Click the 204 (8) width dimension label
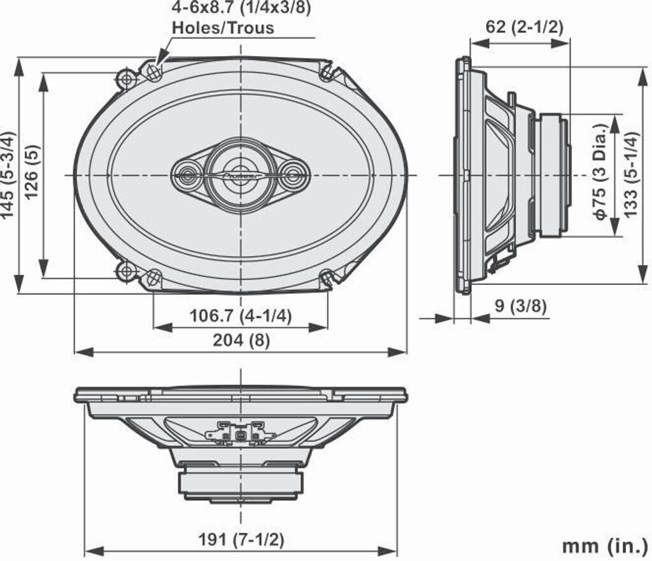point(241,340)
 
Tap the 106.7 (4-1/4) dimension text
point(240,316)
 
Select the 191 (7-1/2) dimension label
point(241,540)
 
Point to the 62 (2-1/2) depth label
point(525,27)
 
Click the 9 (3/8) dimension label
point(521,306)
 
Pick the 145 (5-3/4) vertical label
point(8,175)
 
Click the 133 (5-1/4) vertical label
point(630,175)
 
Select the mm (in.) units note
point(605,546)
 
